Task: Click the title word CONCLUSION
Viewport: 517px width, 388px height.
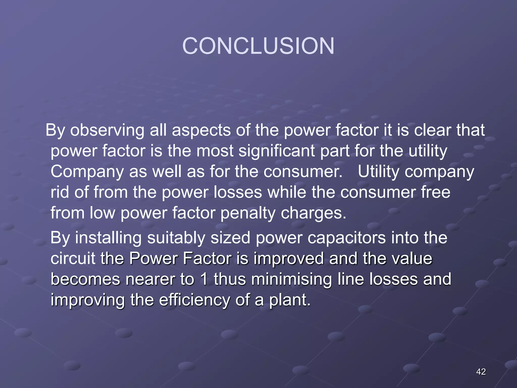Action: coord(258,46)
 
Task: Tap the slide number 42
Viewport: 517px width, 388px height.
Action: coord(481,372)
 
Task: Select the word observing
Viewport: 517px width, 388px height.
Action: coord(107,131)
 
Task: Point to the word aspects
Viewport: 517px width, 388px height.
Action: coord(201,131)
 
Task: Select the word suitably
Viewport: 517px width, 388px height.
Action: coord(176,238)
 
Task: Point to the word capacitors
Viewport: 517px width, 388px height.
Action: coord(346,238)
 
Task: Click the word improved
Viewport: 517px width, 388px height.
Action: coord(289,259)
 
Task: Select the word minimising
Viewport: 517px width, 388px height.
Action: coord(291,280)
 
